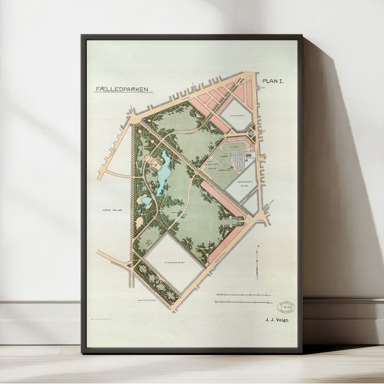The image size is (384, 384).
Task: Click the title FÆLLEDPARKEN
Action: click(123, 89)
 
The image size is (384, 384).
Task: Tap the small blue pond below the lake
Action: click(145, 201)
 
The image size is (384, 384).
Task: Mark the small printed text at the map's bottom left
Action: click(104, 320)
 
